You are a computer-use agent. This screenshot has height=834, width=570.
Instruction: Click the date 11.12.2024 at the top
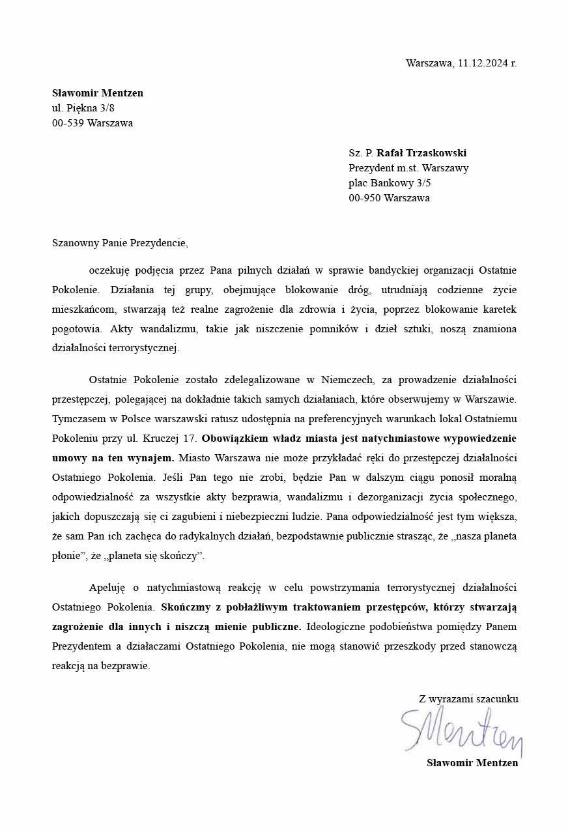point(483,63)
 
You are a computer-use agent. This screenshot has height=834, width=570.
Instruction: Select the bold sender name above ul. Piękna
point(98,93)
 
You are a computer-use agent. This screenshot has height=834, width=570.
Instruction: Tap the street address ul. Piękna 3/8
point(83,108)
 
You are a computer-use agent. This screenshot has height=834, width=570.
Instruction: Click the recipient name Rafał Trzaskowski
point(421,153)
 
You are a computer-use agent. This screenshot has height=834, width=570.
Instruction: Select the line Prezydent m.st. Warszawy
point(408,168)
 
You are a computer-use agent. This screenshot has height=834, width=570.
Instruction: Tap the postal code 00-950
point(365,198)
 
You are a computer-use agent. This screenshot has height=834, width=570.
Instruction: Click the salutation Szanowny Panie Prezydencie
point(120,243)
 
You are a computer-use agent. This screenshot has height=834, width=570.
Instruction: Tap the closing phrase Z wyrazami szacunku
point(468,698)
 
